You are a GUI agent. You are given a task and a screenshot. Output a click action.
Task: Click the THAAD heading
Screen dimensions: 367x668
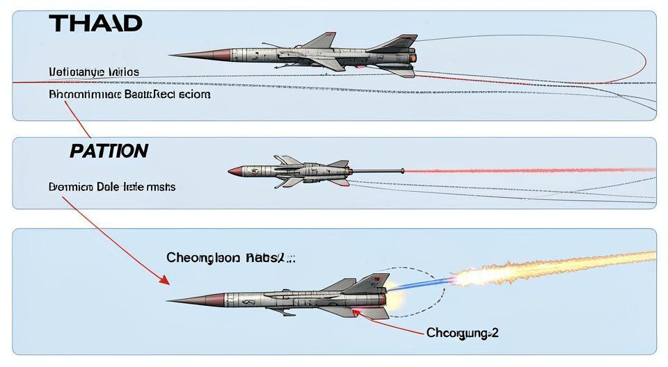(x=96, y=24)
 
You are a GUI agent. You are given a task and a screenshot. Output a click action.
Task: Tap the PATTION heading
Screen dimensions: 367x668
(x=109, y=151)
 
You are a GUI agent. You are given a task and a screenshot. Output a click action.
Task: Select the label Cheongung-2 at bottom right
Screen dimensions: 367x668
(x=462, y=333)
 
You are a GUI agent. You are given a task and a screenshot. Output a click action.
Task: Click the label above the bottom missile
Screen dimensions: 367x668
(x=230, y=258)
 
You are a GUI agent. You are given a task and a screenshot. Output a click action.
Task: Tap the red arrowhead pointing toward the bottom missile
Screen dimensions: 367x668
(x=164, y=280)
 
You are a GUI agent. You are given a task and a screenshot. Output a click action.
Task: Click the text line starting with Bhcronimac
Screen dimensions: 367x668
(x=129, y=94)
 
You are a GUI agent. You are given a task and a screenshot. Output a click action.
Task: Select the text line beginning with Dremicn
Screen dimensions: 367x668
(x=112, y=187)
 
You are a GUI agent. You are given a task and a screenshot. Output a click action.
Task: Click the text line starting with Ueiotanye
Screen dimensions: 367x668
(x=94, y=72)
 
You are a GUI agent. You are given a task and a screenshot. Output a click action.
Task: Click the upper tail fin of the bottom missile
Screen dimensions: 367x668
(x=369, y=282)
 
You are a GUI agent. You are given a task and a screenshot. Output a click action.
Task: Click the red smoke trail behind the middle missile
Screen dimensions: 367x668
(x=529, y=170)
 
